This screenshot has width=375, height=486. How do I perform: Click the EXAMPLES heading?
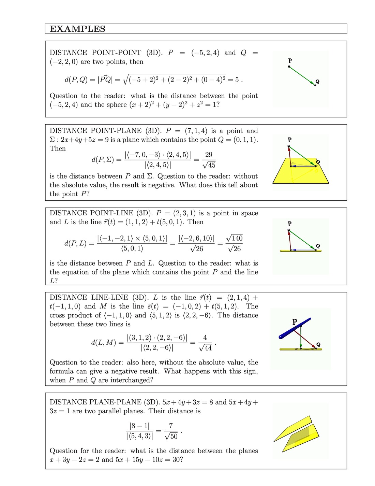(78, 29)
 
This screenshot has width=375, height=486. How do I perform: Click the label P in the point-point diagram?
(290, 61)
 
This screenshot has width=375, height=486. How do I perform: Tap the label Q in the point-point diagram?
(317, 81)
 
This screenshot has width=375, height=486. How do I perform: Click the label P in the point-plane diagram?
(289, 140)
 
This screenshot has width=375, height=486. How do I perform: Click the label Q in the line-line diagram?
(318, 344)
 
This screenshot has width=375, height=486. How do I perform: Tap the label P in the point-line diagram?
(289, 224)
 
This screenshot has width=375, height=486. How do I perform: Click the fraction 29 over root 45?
(209, 160)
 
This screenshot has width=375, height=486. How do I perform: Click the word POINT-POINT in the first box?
(116, 53)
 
